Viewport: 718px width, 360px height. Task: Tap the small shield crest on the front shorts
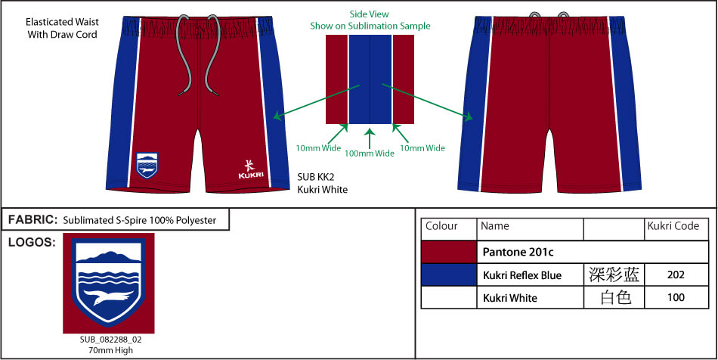[147, 165]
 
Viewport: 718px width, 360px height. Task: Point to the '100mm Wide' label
[370, 154]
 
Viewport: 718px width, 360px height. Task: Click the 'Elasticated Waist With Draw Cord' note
[62, 28]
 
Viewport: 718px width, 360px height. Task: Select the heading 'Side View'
[369, 14]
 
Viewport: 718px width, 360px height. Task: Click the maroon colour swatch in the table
[449, 252]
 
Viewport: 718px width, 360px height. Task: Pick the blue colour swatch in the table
[449, 275]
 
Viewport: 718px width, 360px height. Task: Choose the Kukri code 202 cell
[676, 275]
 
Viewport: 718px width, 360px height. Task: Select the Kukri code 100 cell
[676, 298]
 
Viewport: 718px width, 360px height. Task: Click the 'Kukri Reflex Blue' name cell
[522, 275]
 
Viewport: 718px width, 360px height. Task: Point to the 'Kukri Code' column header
[673, 226]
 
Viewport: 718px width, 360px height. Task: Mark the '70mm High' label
[111, 350]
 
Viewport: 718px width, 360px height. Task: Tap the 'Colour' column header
[441, 226]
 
